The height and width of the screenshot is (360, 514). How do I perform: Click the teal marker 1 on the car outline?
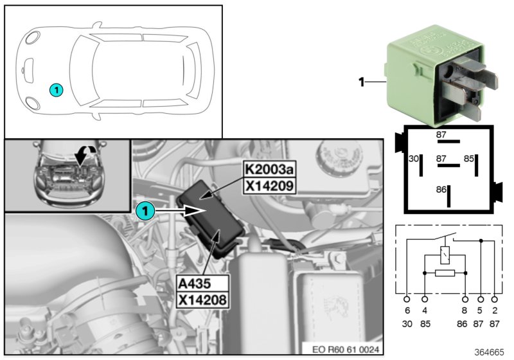coord(57,91)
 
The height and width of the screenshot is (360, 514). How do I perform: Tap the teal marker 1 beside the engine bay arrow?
coord(145,210)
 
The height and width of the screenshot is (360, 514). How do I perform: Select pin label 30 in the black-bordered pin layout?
coord(414,158)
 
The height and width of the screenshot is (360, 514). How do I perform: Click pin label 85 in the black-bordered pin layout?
coord(470,158)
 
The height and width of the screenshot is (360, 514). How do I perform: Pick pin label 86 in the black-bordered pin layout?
coord(440,190)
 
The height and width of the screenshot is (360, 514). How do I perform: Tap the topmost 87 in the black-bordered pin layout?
coord(441,135)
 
